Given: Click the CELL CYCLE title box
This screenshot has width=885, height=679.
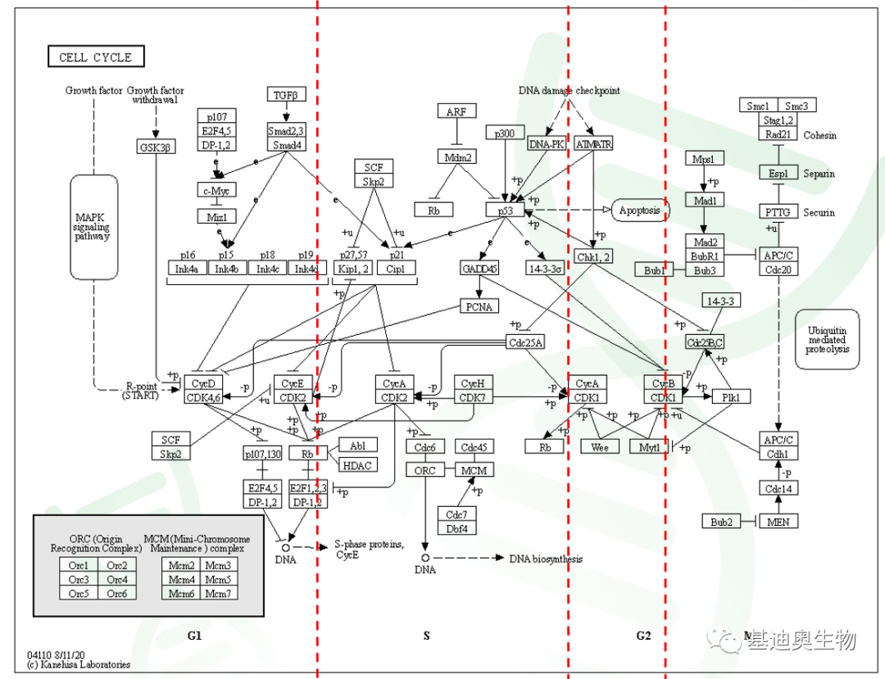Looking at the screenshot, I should click(x=96, y=57).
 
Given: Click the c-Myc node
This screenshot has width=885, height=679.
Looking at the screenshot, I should click(x=216, y=190).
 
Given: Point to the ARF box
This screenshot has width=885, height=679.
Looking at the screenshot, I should click(x=456, y=112).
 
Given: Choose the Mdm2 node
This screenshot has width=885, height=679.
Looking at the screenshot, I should click(x=456, y=156).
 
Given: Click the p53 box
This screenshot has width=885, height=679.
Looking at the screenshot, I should click(x=504, y=210).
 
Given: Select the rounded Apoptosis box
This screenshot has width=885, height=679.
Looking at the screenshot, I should click(x=640, y=210).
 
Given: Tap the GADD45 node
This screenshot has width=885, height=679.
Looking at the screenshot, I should click(x=479, y=268).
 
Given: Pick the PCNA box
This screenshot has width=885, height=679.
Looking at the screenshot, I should click(x=479, y=308).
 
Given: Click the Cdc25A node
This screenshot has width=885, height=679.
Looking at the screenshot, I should click(x=525, y=342).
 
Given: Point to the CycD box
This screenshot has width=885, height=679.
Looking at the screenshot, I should click(x=203, y=383).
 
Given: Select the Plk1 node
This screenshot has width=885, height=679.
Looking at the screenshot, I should click(x=731, y=397).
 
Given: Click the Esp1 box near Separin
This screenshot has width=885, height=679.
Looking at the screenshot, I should click(x=778, y=173).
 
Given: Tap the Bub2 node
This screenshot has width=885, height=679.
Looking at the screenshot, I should click(x=722, y=521).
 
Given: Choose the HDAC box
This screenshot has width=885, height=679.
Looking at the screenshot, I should click(x=357, y=465).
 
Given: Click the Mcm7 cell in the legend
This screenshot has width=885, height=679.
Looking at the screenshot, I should click(x=218, y=593).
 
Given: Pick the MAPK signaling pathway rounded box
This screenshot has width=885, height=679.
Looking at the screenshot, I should click(x=93, y=215).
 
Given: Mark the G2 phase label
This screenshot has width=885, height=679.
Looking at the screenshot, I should click(x=643, y=636).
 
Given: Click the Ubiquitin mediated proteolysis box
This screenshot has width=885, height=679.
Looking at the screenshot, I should click(x=827, y=337).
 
